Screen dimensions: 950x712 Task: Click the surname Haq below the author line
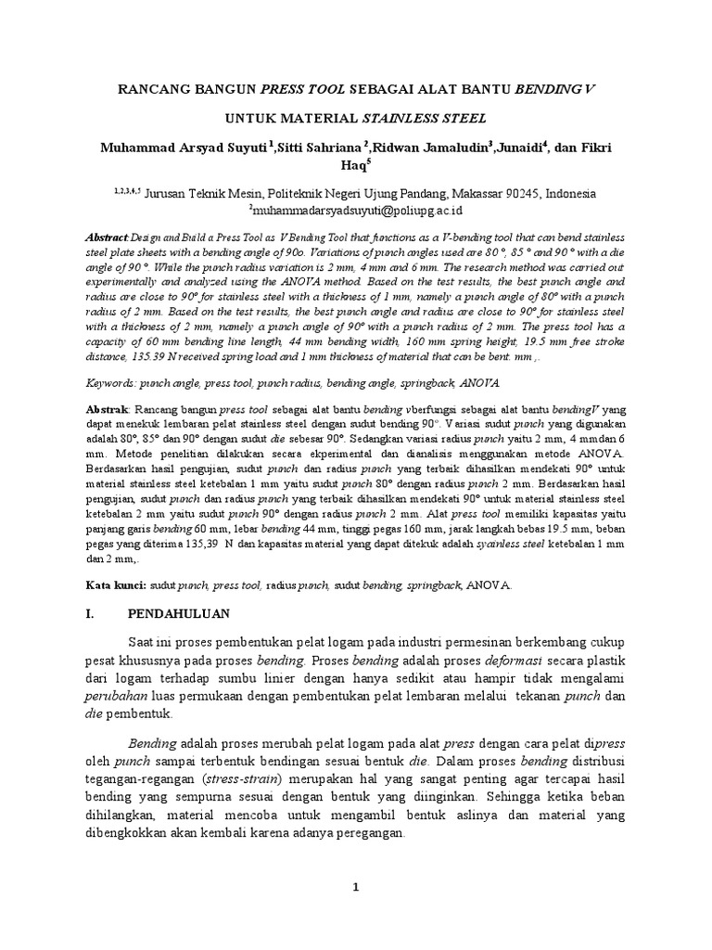click(353, 167)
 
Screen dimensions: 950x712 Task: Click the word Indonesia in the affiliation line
click(572, 194)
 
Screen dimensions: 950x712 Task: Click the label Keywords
click(130, 382)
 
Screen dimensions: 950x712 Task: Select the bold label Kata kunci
click(127, 585)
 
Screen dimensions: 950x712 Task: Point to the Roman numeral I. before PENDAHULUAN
click(116, 614)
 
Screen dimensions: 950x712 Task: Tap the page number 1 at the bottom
click(355, 887)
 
